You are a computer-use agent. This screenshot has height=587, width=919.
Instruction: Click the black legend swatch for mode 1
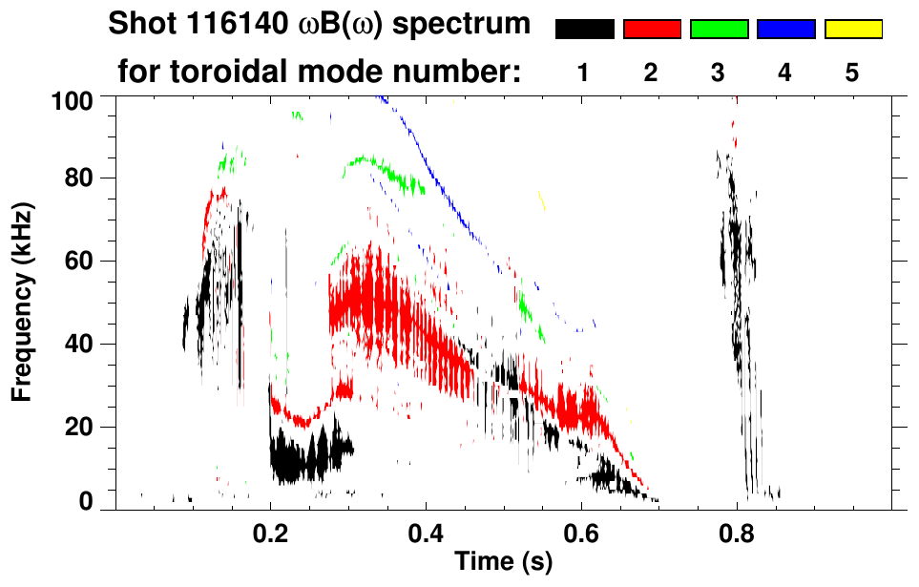pyautogui.click(x=584, y=30)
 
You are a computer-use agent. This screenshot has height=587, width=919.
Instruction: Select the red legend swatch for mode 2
pyautogui.click(x=652, y=30)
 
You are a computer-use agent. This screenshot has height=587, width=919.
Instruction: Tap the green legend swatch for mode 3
pyautogui.click(x=719, y=30)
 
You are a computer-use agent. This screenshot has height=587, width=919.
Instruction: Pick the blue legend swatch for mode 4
pyautogui.click(x=785, y=30)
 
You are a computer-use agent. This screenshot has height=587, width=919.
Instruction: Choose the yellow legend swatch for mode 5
pyautogui.click(x=852, y=30)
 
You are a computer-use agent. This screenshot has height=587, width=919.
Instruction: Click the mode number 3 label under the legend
pyautogui.click(x=719, y=73)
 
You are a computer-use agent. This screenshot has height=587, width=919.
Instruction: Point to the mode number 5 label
pyautogui.click(x=852, y=73)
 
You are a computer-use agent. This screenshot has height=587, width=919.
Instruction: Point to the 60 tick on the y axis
pyautogui.click(x=84, y=261)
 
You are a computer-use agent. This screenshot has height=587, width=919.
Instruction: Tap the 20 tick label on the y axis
pyautogui.click(x=84, y=427)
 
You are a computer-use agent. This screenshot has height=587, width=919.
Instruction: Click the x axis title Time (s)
pyautogui.click(x=503, y=562)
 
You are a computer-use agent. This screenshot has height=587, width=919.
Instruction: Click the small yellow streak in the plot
pyautogui.click(x=542, y=199)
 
